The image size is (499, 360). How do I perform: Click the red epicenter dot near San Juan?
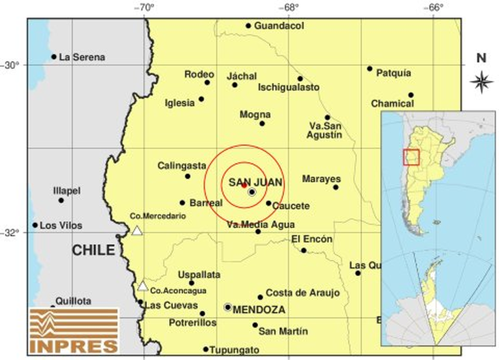coord(244,185)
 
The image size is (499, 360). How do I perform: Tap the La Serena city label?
coord(82,57)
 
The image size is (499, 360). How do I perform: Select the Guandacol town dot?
coord(248,26)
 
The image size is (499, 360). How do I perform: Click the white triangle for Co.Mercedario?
coord(137,231)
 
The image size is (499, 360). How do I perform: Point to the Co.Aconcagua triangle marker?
coord(143,286)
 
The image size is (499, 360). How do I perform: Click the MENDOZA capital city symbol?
coord(228,307)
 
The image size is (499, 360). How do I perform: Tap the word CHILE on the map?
coord(94,250)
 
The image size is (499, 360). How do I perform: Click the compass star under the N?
coord(482,82)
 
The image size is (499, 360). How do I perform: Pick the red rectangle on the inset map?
coord(411,157)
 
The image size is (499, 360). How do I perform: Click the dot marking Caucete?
coord(268,203)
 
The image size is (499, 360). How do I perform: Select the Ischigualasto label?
coord(288,88)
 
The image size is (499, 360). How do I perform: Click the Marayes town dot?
coord(336,187)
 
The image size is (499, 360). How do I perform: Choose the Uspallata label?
coord(199,275)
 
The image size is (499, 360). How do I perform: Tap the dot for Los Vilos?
coord(35,225)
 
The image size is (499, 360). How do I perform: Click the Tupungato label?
coord(234,350)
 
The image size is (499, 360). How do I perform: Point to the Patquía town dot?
coord(370,69)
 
